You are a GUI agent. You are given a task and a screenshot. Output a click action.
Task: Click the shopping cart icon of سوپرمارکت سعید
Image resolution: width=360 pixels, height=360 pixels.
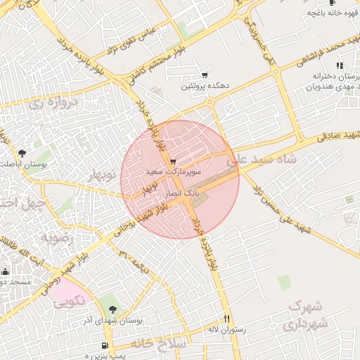173,162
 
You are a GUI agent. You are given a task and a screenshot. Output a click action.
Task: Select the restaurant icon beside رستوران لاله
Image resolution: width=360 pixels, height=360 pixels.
226,318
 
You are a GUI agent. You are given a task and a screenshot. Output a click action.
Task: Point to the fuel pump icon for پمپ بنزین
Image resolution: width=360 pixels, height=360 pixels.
105,345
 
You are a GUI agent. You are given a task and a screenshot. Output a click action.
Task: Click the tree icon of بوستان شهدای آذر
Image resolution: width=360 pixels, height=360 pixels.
114,309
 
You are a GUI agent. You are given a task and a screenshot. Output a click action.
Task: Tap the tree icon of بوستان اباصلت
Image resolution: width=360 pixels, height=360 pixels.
22,153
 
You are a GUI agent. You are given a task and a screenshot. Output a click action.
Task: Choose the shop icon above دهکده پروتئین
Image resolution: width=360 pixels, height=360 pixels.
205,75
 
